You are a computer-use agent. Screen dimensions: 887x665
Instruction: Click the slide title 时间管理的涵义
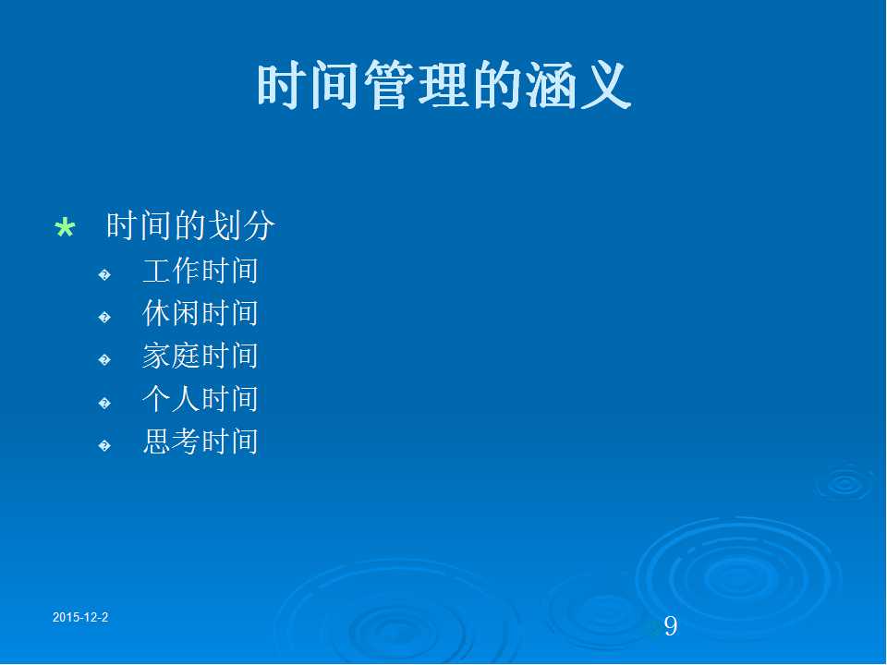[444, 85]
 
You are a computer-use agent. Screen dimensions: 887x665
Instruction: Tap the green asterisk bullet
[65, 228]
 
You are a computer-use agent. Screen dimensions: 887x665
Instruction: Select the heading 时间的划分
[190, 225]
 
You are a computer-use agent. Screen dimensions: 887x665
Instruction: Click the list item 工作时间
[200, 271]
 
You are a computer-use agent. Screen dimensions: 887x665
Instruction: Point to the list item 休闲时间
[200, 313]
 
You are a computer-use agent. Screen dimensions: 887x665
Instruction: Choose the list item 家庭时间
[200, 357]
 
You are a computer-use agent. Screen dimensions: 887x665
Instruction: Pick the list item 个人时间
[200, 399]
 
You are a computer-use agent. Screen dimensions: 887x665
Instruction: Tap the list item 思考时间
[200, 441]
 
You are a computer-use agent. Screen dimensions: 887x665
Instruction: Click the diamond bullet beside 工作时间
[104, 275]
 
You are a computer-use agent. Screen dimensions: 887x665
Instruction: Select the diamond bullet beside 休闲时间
[104, 317]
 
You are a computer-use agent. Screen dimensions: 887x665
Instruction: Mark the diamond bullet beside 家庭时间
[104, 360]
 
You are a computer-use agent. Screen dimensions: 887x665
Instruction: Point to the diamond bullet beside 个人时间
[104, 404]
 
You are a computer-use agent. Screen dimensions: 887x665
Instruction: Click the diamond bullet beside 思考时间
[104, 446]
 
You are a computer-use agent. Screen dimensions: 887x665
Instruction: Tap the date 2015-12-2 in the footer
[80, 618]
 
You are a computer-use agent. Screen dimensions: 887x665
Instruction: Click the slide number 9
[671, 626]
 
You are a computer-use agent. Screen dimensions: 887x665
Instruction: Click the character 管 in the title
[390, 85]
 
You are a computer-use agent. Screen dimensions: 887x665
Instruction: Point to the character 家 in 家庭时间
[157, 357]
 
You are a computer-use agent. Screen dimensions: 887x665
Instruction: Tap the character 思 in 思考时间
[157, 441]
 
